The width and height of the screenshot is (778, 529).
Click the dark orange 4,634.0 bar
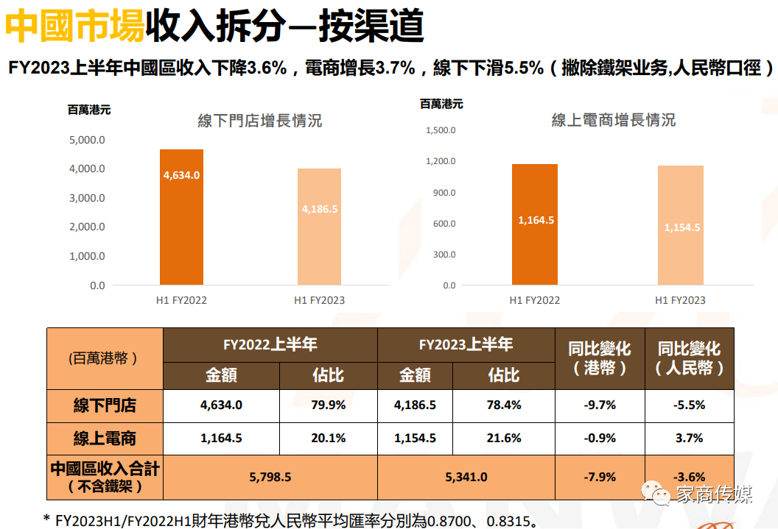click(x=181, y=217)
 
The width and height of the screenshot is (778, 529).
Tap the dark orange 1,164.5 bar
click(x=536, y=224)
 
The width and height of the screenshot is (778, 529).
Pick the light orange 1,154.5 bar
click(x=681, y=225)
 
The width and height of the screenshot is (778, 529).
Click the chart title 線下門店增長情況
click(x=259, y=121)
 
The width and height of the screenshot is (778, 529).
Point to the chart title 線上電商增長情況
click(x=613, y=120)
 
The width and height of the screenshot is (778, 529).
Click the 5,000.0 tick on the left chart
click(x=87, y=140)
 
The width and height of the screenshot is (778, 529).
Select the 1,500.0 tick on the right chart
click(x=441, y=130)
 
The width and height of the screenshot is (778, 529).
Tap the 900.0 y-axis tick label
click(x=444, y=193)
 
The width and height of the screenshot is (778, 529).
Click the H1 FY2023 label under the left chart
click(x=319, y=300)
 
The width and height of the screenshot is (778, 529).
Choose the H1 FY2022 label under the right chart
click(x=535, y=300)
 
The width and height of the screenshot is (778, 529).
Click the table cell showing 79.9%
click(x=328, y=405)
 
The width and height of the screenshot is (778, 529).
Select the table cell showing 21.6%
click(x=504, y=438)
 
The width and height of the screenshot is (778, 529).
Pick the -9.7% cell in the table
click(x=599, y=405)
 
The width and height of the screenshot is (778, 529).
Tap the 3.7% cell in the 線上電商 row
click(x=689, y=438)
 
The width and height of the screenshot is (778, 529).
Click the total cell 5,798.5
click(x=270, y=477)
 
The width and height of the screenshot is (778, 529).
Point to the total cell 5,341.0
click(x=466, y=477)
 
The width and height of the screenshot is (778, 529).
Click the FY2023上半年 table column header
click(x=466, y=344)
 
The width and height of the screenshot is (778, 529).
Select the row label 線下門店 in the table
click(x=105, y=405)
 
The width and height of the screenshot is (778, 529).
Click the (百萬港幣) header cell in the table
click(x=105, y=359)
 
